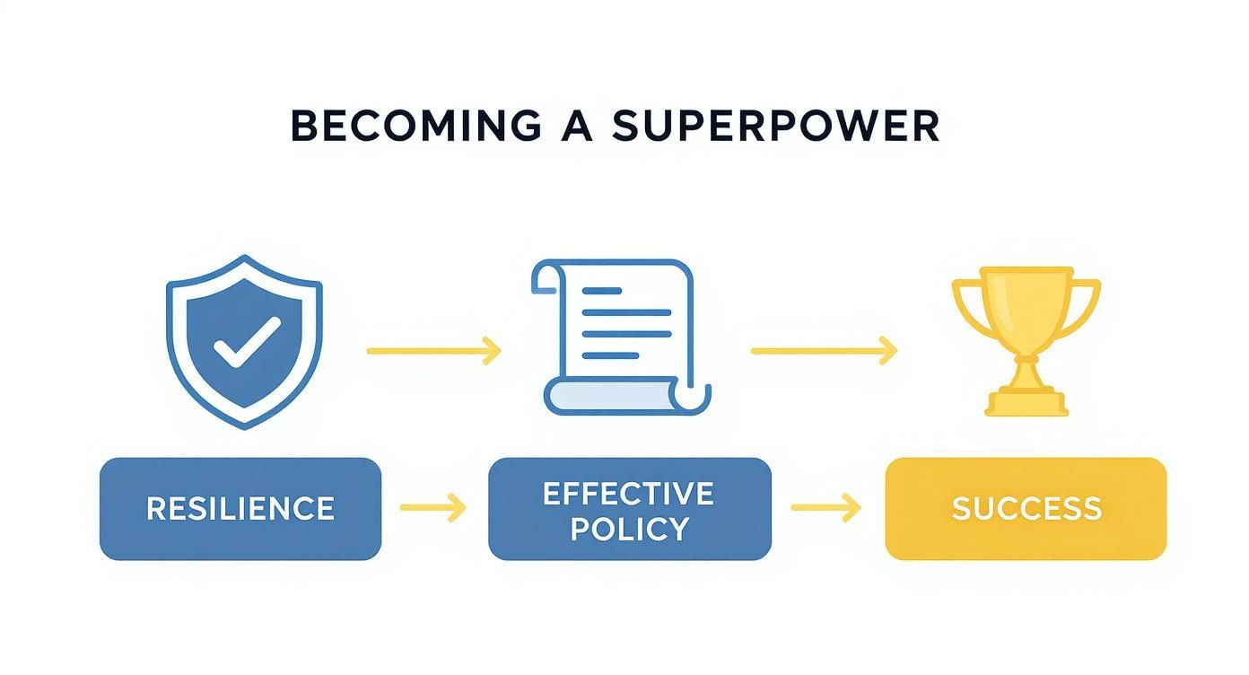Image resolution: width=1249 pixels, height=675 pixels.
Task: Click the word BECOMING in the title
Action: click(x=416, y=127)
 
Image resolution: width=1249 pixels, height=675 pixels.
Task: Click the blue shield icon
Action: click(x=243, y=341)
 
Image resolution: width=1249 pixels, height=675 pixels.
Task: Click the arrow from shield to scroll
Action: click(x=433, y=351)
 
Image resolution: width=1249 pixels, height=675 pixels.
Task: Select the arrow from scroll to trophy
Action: click(x=824, y=351)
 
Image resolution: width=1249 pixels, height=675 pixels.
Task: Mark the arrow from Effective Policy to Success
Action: click(x=826, y=508)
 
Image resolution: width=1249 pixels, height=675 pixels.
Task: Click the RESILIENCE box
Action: click(x=240, y=509)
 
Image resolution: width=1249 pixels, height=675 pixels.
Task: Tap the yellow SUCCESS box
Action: click(x=1026, y=509)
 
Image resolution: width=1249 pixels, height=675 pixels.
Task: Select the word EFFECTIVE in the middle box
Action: click(x=628, y=493)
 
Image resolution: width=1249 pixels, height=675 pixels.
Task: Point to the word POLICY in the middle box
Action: click(x=628, y=528)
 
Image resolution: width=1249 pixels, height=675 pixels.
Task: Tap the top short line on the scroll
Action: click(x=601, y=291)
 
